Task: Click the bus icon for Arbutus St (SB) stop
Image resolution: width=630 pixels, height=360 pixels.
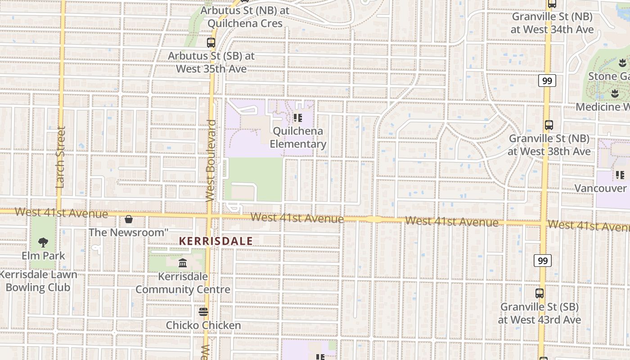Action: (211, 43)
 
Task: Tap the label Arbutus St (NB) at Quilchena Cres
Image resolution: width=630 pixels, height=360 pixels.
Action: (245, 17)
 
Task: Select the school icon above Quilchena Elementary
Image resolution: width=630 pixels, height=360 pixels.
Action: (297, 118)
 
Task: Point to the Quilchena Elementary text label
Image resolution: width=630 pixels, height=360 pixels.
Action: (298, 138)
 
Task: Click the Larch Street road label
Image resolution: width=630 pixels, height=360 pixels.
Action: (61, 157)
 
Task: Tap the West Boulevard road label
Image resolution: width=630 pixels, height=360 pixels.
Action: (210, 160)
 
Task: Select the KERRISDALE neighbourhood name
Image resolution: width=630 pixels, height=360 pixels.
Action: (216, 241)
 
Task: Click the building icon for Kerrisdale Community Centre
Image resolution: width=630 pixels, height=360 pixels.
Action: (183, 263)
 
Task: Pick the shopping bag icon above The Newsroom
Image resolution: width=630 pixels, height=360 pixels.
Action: (129, 219)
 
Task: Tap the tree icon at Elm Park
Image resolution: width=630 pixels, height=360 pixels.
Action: (43, 243)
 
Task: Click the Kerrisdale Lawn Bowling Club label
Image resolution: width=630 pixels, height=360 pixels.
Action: (38, 281)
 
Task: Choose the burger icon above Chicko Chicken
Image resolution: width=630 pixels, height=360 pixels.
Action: (203, 311)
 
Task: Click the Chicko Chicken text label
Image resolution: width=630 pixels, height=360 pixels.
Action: (203, 325)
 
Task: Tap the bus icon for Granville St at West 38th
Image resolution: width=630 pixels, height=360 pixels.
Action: (549, 125)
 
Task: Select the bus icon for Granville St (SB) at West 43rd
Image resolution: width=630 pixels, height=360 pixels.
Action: (540, 293)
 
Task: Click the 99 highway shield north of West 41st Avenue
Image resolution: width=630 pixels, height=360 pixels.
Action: (547, 81)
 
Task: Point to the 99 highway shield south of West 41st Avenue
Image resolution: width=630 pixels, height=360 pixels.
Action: (543, 261)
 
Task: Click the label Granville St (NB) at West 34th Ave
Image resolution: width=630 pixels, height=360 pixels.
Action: (552, 23)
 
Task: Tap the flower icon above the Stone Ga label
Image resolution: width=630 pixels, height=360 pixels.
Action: (622, 63)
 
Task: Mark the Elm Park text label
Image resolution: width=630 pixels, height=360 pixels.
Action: (43, 256)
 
